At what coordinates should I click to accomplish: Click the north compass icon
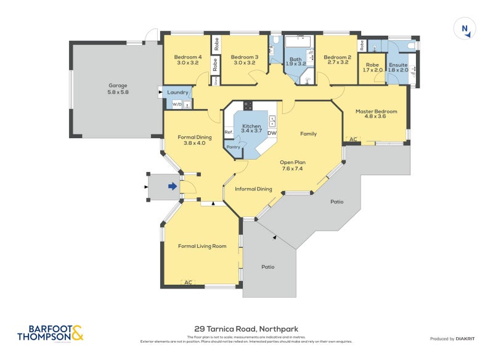[x=465, y=29]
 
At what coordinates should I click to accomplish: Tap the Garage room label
[x=118, y=89]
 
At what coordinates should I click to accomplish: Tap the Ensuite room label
[x=397, y=67]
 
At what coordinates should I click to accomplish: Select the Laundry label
[x=178, y=92]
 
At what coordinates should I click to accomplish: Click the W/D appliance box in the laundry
[x=177, y=104]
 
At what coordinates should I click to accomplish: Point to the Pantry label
[x=233, y=147]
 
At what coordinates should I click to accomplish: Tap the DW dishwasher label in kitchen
[x=272, y=133]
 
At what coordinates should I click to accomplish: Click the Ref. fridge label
[x=228, y=132]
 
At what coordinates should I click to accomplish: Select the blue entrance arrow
[x=173, y=186]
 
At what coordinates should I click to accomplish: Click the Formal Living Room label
[x=202, y=246]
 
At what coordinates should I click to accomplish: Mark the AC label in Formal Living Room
[x=189, y=282]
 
